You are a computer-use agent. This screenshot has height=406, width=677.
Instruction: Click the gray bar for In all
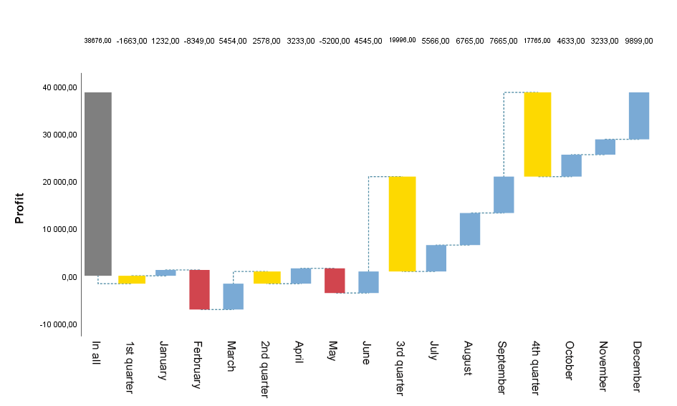(97, 184)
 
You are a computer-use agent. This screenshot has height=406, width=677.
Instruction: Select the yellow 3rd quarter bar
(402, 223)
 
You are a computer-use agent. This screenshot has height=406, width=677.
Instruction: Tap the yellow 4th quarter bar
(537, 134)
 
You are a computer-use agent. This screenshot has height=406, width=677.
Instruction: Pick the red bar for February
(199, 289)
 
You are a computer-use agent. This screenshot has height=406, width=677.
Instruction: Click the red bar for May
(335, 281)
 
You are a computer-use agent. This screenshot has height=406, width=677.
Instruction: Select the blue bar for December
(638, 115)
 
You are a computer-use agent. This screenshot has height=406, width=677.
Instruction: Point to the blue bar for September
(504, 194)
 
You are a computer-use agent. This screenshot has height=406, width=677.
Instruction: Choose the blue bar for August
(470, 228)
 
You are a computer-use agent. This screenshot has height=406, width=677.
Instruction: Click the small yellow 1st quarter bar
(132, 279)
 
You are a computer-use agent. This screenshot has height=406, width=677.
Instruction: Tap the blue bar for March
(233, 296)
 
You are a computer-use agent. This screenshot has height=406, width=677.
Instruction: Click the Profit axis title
(20, 208)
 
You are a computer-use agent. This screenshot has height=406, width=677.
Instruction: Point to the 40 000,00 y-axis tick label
(59, 87)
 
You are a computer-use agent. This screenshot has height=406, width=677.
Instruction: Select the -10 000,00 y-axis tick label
(58, 324)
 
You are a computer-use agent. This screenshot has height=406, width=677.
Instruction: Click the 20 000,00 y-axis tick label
(59, 182)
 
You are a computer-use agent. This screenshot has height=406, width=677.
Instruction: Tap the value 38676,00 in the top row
(97, 41)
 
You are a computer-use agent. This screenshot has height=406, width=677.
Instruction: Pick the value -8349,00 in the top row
(199, 41)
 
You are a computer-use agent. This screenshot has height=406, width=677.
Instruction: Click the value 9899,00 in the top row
(638, 41)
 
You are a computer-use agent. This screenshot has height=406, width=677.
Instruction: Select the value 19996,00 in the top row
(402, 41)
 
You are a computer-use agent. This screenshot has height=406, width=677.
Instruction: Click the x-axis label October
(571, 361)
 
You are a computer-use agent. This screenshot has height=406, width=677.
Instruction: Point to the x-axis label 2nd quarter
(267, 367)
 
